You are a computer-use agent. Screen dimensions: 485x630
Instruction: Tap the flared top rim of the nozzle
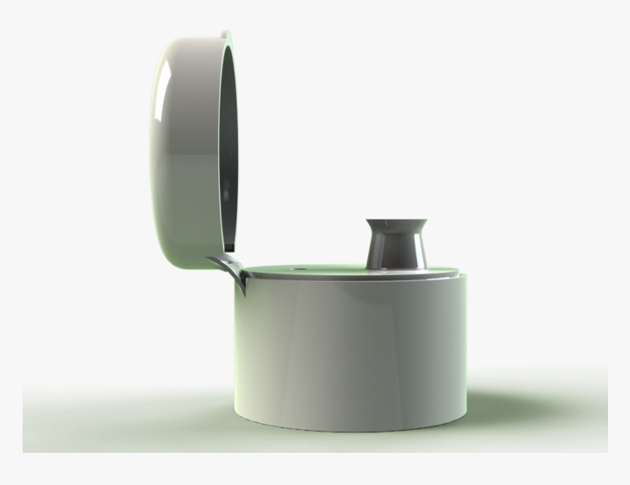click(x=399, y=222)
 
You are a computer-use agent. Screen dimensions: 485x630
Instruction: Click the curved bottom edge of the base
click(x=352, y=424)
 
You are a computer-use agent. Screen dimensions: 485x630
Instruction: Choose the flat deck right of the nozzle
click(x=443, y=272)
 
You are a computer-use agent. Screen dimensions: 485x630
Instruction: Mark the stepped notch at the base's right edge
click(x=462, y=276)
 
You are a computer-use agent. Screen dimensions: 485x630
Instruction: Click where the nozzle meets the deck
click(x=399, y=268)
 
